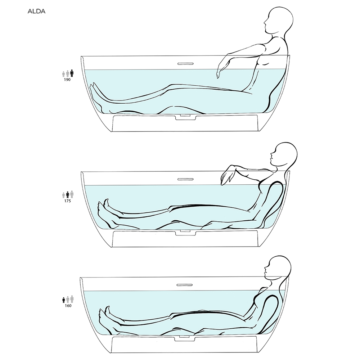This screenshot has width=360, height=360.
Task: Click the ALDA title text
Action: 36,11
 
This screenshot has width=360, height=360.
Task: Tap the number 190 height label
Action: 67,80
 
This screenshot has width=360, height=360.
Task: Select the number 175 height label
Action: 68,201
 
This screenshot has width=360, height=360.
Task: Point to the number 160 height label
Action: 68,306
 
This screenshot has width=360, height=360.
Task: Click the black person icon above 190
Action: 72,73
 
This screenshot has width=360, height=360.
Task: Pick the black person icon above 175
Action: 68,195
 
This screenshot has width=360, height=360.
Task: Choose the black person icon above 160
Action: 64,300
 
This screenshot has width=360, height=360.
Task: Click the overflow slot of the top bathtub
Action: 185,64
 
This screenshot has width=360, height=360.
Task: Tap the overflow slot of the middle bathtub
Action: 185,179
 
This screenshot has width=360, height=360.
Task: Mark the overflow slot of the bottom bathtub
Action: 185,285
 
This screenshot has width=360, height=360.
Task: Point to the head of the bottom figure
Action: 278,267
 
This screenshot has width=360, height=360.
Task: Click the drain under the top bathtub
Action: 186,117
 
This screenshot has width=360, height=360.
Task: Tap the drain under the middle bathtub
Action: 186,232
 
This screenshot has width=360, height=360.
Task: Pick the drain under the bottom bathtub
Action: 185,338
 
